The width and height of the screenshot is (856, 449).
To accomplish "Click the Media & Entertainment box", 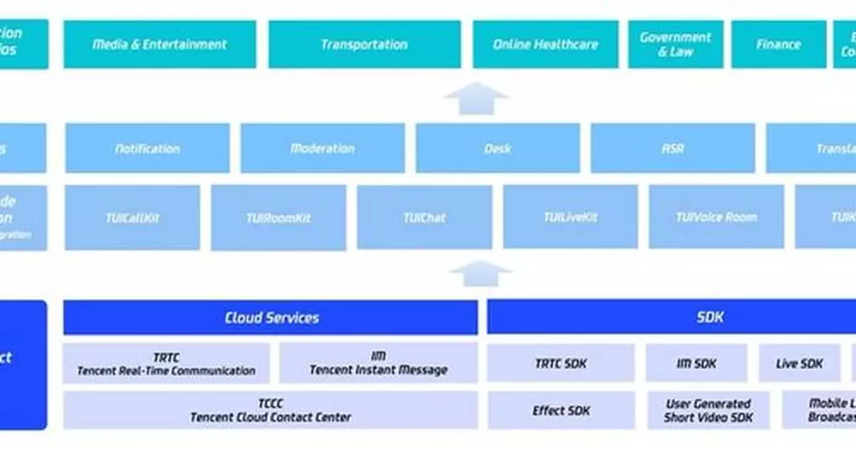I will [x=160, y=44].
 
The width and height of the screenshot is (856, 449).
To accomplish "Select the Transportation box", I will [x=364, y=44].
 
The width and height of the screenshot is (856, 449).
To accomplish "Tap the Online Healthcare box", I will [x=545, y=44].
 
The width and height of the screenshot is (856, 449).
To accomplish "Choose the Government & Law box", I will [x=675, y=44].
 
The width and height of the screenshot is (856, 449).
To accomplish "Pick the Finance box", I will [x=778, y=44].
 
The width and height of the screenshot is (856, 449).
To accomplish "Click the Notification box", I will [x=148, y=148].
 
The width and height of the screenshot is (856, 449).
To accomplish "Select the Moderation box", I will [x=322, y=148].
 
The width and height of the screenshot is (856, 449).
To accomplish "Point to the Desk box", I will [x=497, y=148].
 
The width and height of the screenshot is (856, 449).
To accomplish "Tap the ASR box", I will [x=672, y=148].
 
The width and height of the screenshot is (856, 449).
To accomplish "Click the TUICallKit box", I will [x=133, y=218].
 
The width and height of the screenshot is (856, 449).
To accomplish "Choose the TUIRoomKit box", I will [x=279, y=218].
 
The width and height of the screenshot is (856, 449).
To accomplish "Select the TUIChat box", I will [x=424, y=218].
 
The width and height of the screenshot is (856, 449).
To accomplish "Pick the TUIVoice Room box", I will [x=715, y=217].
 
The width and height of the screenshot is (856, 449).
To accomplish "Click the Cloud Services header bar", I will [x=270, y=318].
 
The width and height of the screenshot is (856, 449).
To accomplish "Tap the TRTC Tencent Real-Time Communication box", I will [x=166, y=363].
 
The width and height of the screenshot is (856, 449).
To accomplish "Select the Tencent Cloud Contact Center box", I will [x=270, y=410].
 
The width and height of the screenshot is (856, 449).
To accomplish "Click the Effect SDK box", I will [x=561, y=410].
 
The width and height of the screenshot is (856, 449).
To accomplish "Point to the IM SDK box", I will [x=696, y=363].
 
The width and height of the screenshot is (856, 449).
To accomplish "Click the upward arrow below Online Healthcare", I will [x=476, y=99].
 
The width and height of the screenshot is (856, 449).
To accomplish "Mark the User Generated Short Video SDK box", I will [x=708, y=410].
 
